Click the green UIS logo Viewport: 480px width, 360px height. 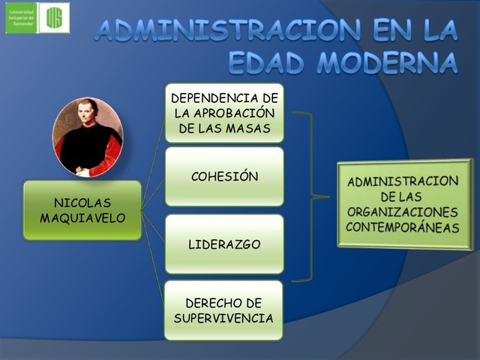tap(55, 18)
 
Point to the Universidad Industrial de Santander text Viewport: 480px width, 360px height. tap(21, 18)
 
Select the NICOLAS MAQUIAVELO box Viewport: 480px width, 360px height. tap(82, 210)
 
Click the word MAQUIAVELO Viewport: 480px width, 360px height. tap(82, 218)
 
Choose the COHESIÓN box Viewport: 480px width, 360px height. tap(224, 177)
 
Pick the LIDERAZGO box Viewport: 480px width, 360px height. tap(224, 244)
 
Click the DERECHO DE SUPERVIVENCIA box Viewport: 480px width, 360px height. tap(224, 310)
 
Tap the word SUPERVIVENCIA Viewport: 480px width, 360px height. tap(224, 317)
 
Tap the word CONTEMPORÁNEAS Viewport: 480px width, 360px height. tap(403, 226)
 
